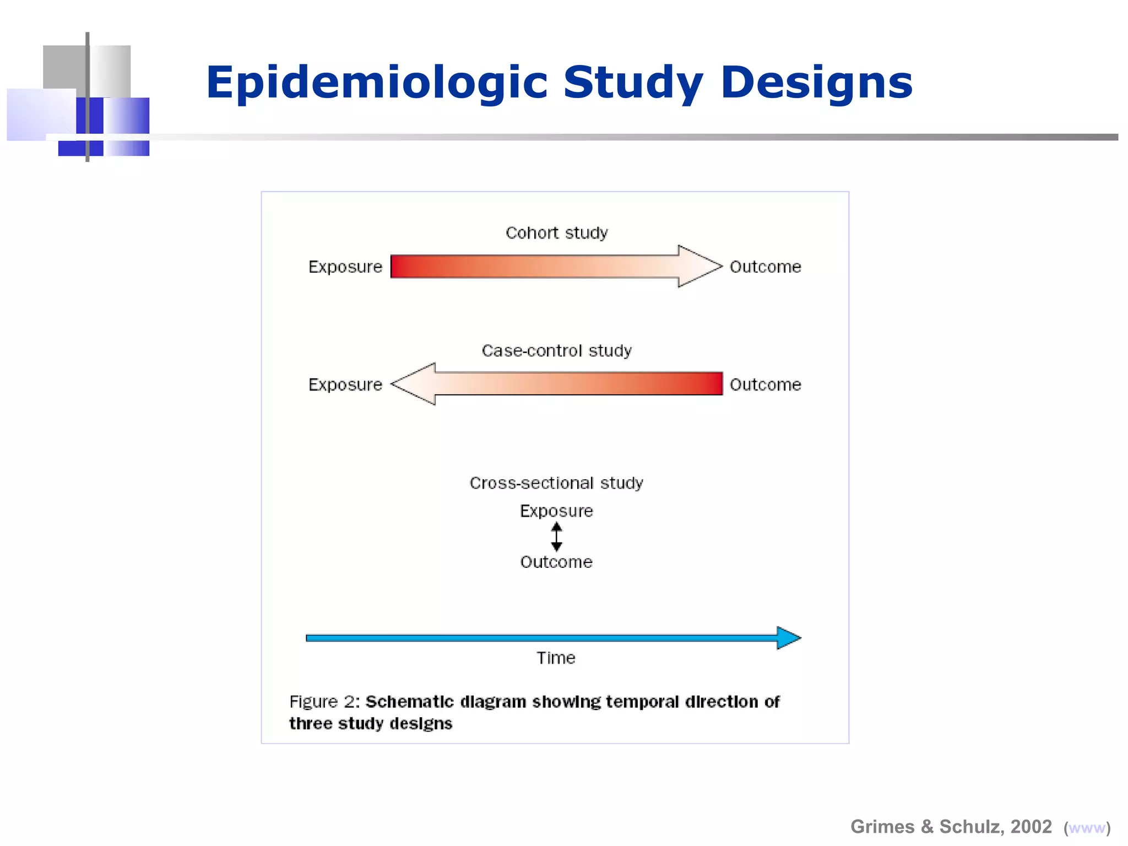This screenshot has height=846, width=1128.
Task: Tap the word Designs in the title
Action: [x=816, y=83]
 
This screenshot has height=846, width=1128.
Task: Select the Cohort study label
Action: [x=556, y=233]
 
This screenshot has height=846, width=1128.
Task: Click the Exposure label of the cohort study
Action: [x=345, y=267]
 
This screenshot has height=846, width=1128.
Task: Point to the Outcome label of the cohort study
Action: [x=765, y=267]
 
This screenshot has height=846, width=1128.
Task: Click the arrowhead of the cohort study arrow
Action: [x=698, y=266]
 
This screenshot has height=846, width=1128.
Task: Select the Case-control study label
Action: [x=556, y=351]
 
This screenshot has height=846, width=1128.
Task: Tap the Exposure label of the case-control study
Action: [x=345, y=384]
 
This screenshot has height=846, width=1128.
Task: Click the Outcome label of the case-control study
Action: [x=765, y=384]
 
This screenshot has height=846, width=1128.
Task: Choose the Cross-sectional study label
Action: [x=556, y=483]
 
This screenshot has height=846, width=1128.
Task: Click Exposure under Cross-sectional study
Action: [x=556, y=511]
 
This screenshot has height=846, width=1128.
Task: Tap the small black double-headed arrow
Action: [x=556, y=536]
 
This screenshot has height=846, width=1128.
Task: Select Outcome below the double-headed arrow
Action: [x=556, y=562]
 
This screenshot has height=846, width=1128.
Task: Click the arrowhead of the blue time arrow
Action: [x=788, y=638]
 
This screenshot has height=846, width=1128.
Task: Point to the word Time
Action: [x=556, y=658]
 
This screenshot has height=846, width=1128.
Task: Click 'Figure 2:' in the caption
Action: [x=324, y=702]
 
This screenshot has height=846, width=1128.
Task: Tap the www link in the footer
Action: [x=1087, y=828]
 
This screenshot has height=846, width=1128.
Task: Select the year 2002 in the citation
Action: [x=1031, y=827]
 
